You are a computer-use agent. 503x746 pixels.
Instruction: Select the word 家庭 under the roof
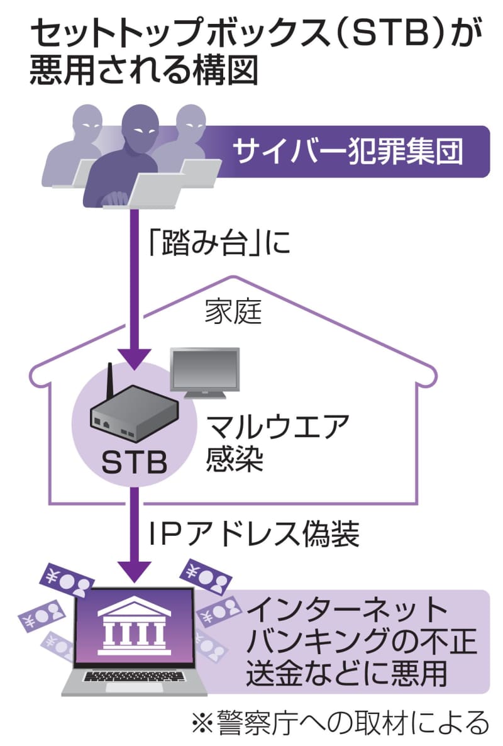coord(233,312)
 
